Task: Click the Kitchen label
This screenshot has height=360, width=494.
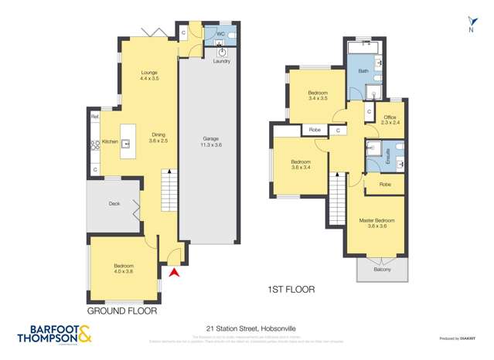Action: point(110,142)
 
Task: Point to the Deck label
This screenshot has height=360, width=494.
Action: point(114,203)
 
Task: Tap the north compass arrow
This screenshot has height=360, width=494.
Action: point(472,22)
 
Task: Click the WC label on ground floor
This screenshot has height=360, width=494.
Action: point(220,35)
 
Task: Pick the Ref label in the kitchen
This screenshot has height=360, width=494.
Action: point(95,117)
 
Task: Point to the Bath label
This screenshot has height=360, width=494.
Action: point(363,72)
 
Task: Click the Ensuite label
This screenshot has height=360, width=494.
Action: point(376,155)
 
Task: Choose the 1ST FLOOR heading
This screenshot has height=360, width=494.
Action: point(290,290)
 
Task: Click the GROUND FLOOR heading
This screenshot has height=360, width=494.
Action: point(121,311)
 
